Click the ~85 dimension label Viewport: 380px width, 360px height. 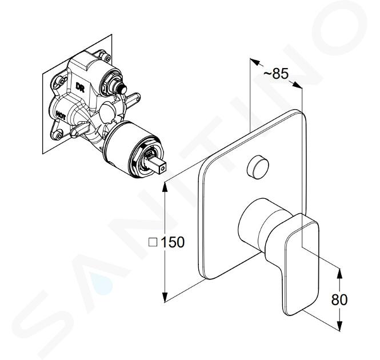click(x=276, y=74)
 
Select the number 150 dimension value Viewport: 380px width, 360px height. click(x=173, y=242)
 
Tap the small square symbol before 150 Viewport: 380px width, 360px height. click(x=153, y=242)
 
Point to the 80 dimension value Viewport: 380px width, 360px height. click(x=339, y=299)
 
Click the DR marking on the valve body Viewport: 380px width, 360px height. click(x=80, y=87)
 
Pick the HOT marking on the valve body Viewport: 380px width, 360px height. click(x=61, y=115)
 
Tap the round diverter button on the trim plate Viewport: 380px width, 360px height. click(x=258, y=167)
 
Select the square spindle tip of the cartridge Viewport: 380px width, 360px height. click(x=158, y=165)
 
